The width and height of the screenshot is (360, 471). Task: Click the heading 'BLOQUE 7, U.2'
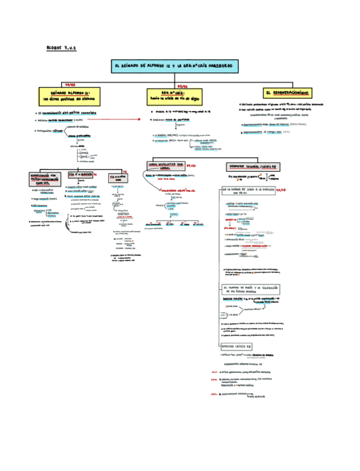pyautogui.click(x=61, y=48)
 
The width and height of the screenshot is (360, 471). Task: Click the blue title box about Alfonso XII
pyautogui.click(x=175, y=66)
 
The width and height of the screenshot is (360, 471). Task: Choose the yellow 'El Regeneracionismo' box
pyautogui.click(x=288, y=92)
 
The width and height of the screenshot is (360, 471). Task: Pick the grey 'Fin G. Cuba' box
pyautogui.click(x=118, y=178)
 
